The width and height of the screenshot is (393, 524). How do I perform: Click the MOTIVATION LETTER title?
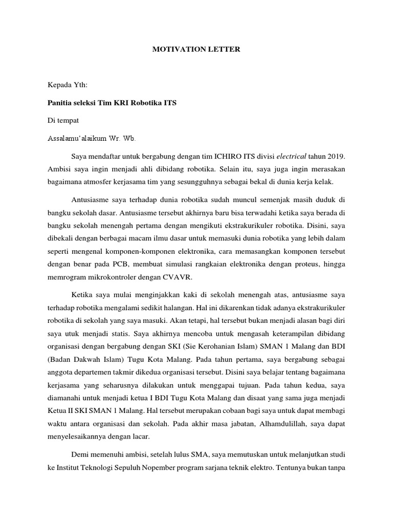(196, 50)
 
